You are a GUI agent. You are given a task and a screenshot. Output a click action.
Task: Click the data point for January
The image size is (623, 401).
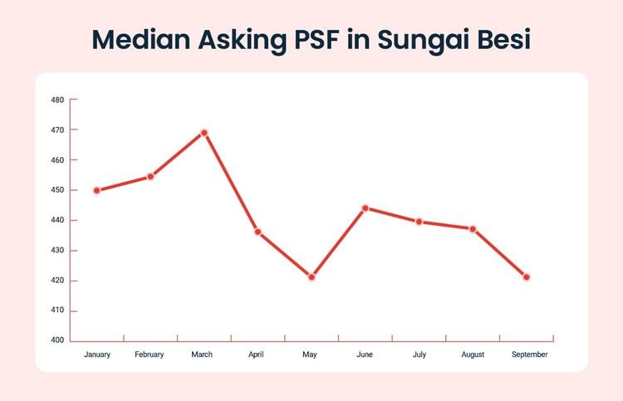pos(96,190)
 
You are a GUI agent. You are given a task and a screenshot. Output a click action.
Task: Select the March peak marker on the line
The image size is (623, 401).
pos(204,133)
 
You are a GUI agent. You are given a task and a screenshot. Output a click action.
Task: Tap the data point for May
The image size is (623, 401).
pos(311,276)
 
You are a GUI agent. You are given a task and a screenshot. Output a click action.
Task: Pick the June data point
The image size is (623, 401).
pos(365,208)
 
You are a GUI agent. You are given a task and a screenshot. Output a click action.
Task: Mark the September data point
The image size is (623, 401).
pos(527,276)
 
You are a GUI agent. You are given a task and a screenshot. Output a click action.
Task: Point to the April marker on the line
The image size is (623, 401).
pos(258,232)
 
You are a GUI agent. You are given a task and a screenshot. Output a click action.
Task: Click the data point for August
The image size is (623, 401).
pos(473,228)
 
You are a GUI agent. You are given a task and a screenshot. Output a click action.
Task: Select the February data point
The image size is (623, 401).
pos(150,176)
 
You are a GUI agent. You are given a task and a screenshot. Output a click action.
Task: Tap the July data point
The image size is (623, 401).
pos(419,222)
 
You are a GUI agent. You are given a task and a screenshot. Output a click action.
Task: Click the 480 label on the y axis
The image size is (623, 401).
pos(57,100)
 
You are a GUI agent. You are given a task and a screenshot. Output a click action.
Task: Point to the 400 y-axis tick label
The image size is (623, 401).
pos(57,340)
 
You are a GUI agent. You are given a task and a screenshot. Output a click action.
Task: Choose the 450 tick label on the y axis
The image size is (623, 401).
pos(57,190)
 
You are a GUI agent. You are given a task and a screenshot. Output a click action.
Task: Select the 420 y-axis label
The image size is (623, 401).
pos(57,281)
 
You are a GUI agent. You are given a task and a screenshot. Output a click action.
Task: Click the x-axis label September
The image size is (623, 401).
pos(529,355)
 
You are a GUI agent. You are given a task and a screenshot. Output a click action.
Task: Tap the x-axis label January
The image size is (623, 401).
pos(97,355)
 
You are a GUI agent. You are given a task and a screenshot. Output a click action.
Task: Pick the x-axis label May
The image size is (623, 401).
pos(310,355)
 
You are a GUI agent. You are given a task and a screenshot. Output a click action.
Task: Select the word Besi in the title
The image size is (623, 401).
pos(496,40)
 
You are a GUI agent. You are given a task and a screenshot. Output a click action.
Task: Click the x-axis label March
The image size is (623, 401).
pos(202,355)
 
